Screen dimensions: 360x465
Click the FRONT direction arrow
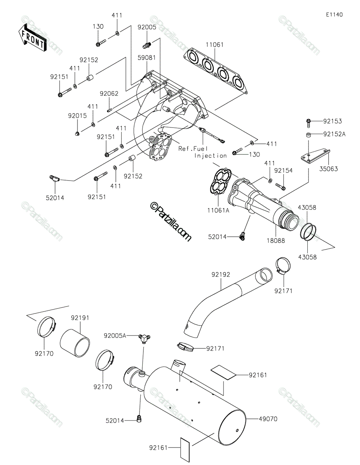(x=32, y=38)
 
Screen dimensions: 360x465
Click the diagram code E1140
(x=334, y=15)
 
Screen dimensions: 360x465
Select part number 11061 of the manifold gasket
(x=215, y=45)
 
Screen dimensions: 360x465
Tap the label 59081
(x=146, y=58)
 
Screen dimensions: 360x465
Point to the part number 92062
(x=109, y=93)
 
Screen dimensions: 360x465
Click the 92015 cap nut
(x=78, y=134)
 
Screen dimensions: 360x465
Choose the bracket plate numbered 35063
(x=316, y=157)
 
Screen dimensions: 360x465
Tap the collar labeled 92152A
(x=308, y=135)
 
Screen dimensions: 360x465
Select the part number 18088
(x=276, y=241)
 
